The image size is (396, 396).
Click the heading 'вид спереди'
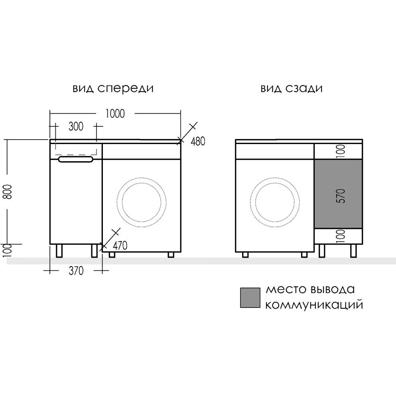click(x=113, y=89)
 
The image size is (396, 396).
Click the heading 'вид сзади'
click(x=292, y=89)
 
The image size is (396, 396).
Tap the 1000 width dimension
click(x=115, y=114)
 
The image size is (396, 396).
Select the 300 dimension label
click(x=76, y=126)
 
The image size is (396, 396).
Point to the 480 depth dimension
click(x=198, y=141)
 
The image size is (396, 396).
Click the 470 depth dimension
click(x=120, y=246)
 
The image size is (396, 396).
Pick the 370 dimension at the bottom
click(x=76, y=271)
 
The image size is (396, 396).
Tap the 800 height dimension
click(x=9, y=192)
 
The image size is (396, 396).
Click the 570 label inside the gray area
click(x=341, y=196)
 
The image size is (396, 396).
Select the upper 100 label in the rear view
click(x=341, y=151)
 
